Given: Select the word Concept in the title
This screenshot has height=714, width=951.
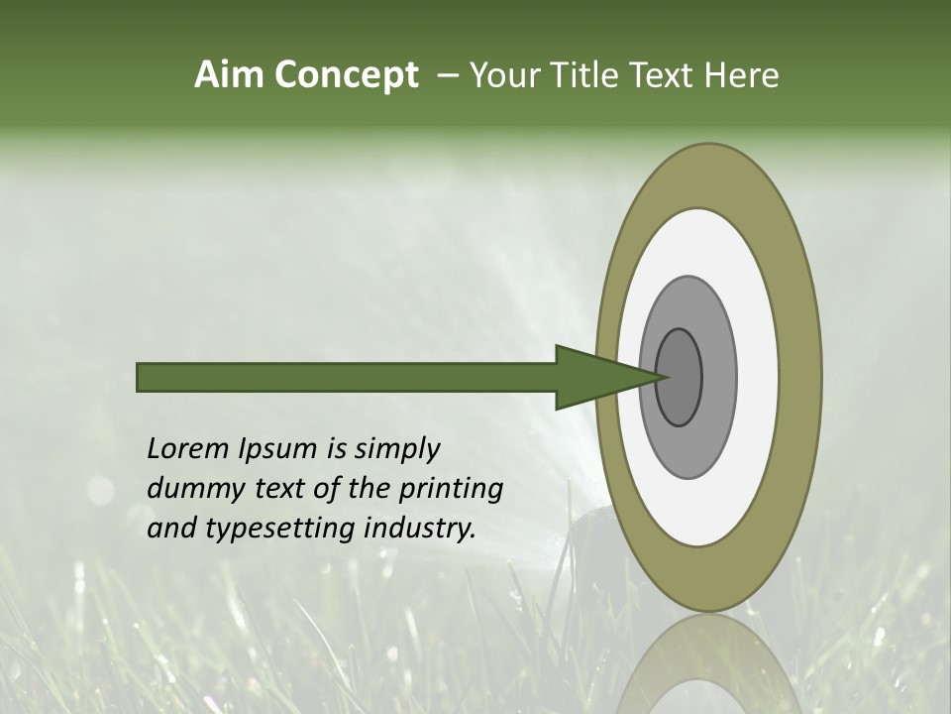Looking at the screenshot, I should tap(346, 74).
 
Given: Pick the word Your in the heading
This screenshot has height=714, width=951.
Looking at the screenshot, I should tap(507, 74).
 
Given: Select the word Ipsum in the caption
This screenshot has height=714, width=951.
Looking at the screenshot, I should tap(279, 448).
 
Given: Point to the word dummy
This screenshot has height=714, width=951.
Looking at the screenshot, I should tap(191, 488).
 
